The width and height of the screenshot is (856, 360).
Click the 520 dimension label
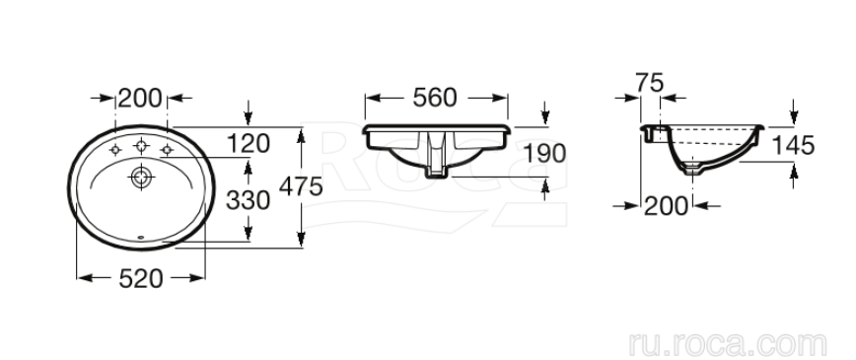[x=140, y=279]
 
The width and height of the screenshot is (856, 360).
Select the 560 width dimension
[x=435, y=98]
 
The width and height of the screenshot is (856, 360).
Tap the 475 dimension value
[x=301, y=187]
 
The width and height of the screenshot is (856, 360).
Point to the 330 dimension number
[x=248, y=200]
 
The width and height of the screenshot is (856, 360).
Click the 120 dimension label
[x=249, y=144]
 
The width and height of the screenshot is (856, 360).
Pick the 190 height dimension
[x=544, y=154]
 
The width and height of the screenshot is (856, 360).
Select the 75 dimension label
[x=650, y=83]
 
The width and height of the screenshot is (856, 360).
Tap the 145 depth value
[x=793, y=146]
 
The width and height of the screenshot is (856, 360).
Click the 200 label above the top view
[x=140, y=99]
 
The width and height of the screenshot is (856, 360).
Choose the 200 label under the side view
[x=666, y=206]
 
